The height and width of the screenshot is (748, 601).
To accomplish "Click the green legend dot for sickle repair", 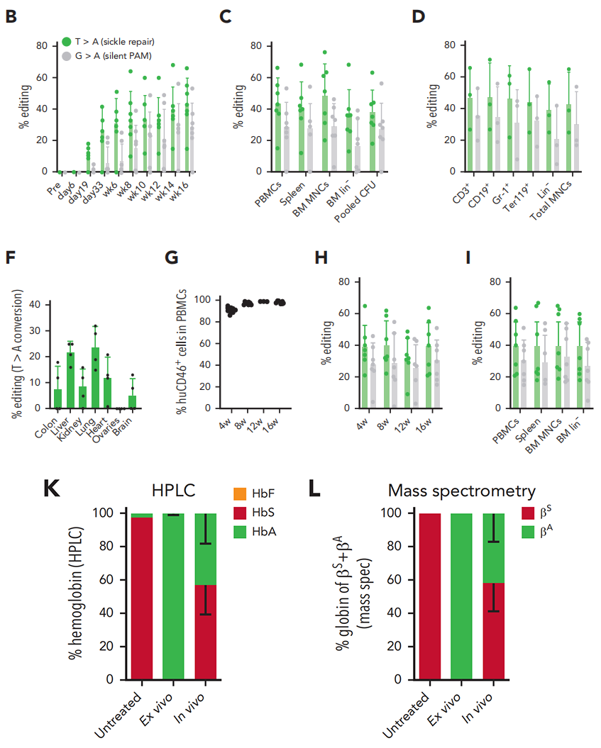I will (66, 42).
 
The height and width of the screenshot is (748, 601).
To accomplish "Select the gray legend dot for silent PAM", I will (66, 55).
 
